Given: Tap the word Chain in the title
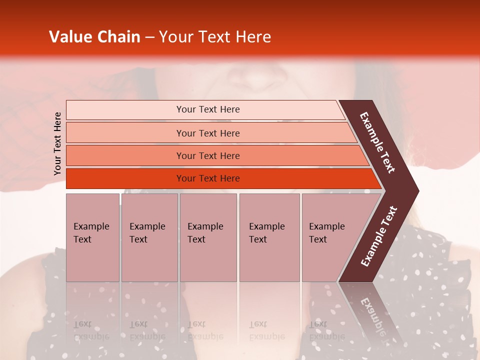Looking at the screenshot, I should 119,37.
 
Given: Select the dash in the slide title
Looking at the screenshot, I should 149,37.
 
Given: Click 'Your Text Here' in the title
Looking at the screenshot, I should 215,37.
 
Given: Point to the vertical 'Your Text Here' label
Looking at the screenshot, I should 57,143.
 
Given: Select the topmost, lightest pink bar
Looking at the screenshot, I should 207,109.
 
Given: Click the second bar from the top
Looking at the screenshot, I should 207,133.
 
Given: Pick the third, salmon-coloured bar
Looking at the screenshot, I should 207,156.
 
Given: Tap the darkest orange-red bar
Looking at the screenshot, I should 207,178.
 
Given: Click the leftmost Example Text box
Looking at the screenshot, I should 92,237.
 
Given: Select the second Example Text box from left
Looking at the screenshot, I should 149,237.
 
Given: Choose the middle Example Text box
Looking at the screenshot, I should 208,237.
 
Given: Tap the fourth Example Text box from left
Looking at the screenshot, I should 269,237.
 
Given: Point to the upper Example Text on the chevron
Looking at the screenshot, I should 378,142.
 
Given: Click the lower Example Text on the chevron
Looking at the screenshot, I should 379,236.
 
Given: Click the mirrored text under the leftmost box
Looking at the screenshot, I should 91,330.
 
